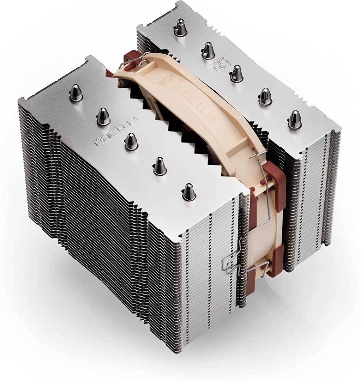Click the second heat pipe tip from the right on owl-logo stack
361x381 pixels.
[x=265, y=96]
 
